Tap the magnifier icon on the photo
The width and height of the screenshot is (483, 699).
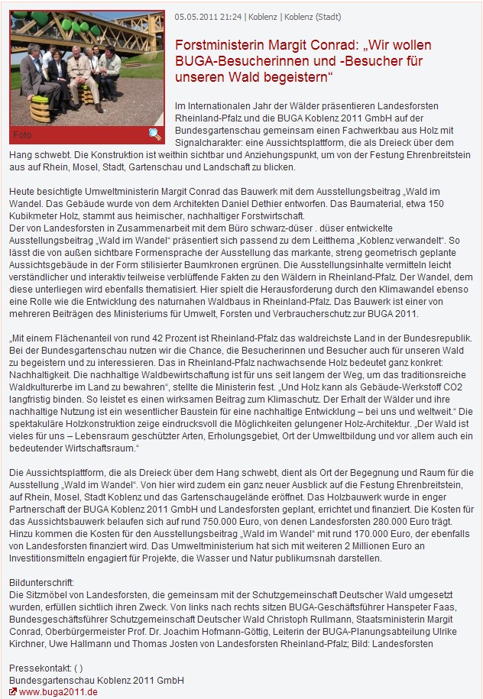[155, 134]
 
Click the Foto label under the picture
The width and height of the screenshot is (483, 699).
[22, 135]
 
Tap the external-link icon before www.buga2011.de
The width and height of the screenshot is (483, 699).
[13, 691]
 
